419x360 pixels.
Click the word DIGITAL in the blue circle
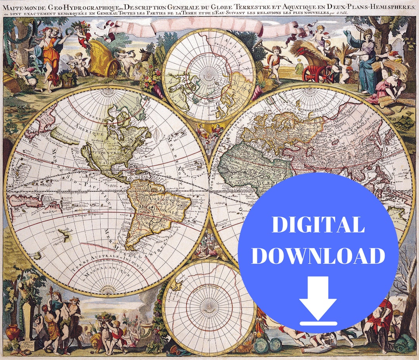click(318, 225)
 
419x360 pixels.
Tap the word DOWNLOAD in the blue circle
click(320, 256)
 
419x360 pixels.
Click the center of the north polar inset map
click(209, 76)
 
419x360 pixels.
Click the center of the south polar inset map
click(209, 306)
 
